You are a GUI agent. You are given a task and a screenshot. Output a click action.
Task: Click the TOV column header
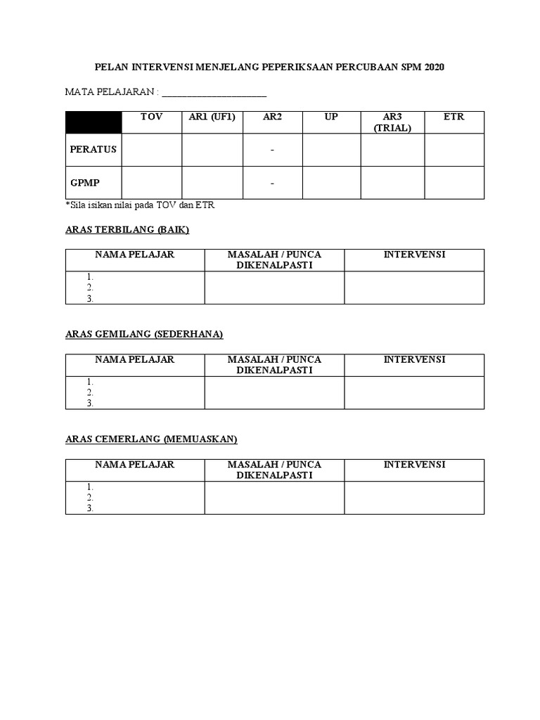point(151,117)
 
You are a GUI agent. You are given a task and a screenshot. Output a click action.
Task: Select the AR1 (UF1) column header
point(212,117)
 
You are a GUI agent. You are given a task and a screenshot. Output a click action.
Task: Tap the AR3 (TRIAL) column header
point(392,122)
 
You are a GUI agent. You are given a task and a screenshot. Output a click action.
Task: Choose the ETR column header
point(454,117)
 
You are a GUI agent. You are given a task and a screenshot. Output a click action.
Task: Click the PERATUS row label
point(94,149)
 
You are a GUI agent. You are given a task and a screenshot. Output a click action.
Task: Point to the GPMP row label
point(85,182)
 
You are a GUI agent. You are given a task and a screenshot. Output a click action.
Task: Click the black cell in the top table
point(94,122)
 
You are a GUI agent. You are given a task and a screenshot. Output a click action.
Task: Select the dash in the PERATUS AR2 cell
point(272,150)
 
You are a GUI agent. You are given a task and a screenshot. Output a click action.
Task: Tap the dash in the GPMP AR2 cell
point(272,183)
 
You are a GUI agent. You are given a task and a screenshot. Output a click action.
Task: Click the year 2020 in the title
point(435,67)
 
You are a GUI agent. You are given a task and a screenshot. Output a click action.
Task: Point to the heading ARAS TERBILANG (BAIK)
point(127,230)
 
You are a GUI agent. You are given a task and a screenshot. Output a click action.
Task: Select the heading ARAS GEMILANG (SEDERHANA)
point(144,335)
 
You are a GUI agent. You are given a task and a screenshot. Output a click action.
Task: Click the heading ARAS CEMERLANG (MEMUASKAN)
point(151,439)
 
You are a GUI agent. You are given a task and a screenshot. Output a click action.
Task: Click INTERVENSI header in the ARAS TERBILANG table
point(414,255)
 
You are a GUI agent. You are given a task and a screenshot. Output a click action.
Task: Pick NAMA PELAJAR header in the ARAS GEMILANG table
point(135,359)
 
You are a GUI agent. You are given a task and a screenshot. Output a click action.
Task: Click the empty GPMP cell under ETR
point(454,183)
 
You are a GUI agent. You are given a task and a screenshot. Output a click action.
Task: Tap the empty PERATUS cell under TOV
point(151,150)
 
